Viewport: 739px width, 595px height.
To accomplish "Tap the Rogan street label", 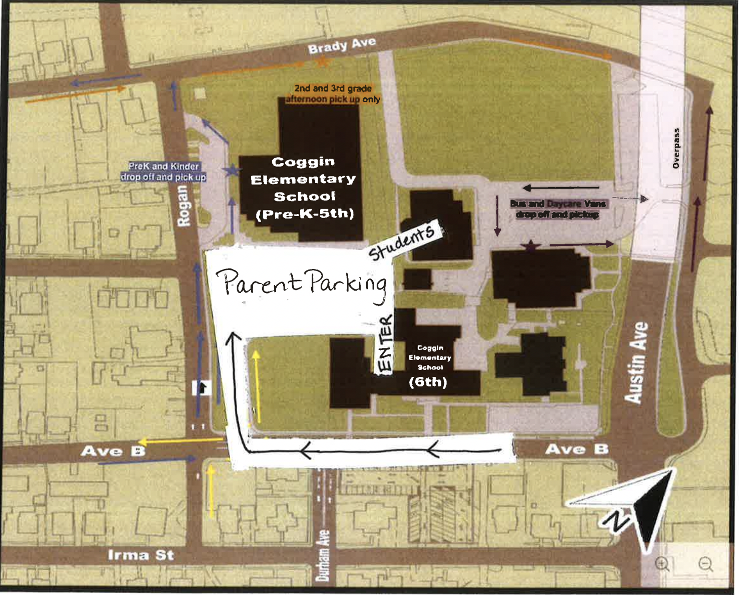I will point(184,205).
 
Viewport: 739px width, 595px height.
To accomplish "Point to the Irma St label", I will point(141,555).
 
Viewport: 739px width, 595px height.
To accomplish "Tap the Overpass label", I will point(676,148).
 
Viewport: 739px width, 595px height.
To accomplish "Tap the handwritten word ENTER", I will point(385,344).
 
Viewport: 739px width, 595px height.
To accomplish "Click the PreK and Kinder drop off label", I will point(164,171).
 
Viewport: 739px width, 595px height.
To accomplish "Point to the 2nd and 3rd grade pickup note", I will point(333,93).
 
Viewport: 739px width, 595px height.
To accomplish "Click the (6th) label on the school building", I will point(428,382).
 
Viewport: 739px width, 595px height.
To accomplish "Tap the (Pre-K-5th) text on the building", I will point(305,214).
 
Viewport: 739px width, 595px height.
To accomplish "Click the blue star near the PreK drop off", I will point(231,170).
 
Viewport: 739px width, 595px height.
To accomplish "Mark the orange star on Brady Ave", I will point(323,62).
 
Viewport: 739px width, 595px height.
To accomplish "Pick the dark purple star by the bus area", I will point(530,245).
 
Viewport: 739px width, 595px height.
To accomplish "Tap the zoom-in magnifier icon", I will point(662,564).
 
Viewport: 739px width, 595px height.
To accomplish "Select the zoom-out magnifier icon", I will point(705,564).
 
